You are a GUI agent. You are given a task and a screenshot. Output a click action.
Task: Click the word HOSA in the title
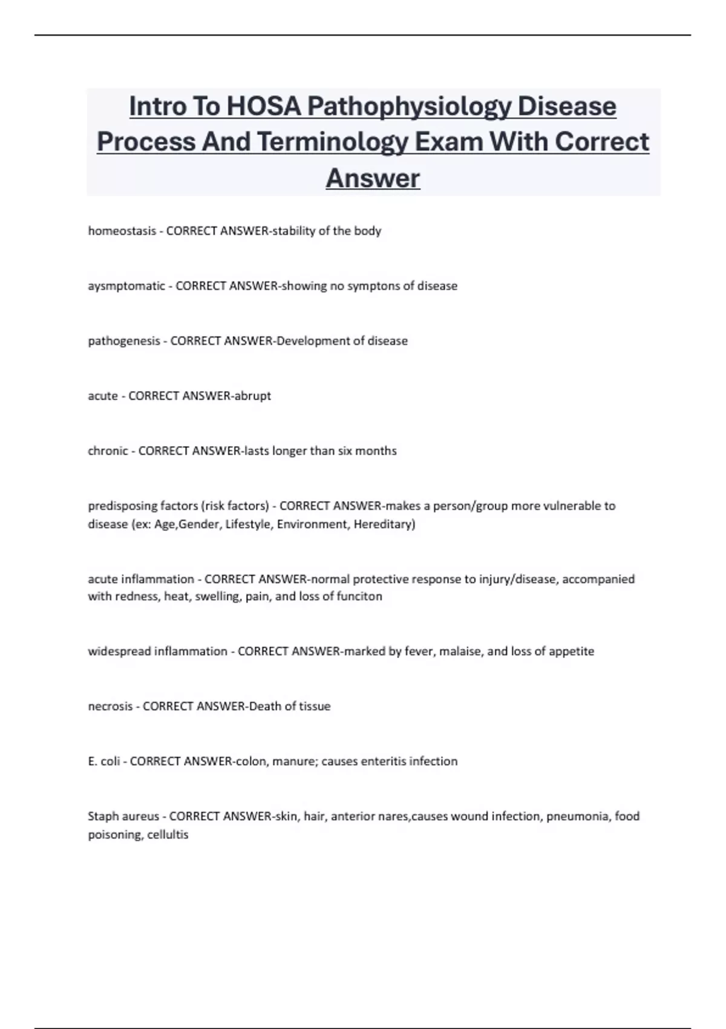pos(263,107)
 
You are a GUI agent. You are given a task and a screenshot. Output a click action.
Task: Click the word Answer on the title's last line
pos(373,178)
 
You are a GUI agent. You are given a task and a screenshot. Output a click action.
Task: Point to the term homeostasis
pos(122,231)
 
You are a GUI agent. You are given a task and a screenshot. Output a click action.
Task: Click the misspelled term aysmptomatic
pos(126,286)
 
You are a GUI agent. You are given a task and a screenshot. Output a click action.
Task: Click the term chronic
pos(108,451)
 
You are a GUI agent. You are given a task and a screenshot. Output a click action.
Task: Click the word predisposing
pos(122,506)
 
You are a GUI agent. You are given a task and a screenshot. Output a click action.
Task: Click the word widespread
pos(119,651)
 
